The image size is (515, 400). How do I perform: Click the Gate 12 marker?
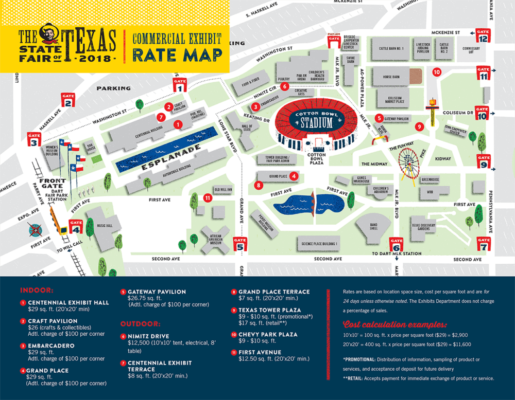[x=483, y=35]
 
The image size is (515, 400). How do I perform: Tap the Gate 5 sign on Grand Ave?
[x=240, y=243]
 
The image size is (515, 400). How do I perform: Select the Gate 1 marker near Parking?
[x=180, y=84]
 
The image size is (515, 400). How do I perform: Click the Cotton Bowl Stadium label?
[x=316, y=120]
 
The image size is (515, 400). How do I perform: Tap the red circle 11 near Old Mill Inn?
[x=208, y=197]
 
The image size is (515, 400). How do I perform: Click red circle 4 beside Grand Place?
[x=293, y=176]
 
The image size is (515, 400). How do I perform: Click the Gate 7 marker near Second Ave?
[x=484, y=243]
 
